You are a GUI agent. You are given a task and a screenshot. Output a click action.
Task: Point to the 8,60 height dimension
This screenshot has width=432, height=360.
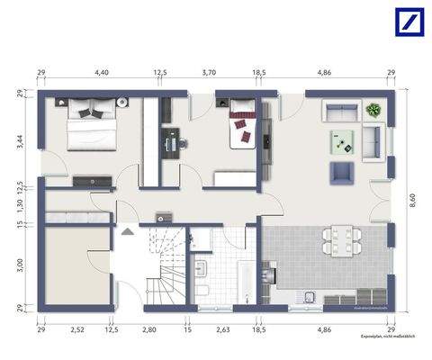pos(413,205)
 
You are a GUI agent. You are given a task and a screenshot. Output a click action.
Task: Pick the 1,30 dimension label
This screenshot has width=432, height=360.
pos(19,204)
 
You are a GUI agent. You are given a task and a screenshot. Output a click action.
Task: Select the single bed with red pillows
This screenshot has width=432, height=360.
pos(241,124)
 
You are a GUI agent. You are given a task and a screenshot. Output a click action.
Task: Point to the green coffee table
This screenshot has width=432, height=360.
pos(343,139)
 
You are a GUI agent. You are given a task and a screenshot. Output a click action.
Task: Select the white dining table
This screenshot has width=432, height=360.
pos(338,240)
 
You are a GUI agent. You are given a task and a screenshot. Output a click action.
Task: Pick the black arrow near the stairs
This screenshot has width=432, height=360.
pos(129,231)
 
